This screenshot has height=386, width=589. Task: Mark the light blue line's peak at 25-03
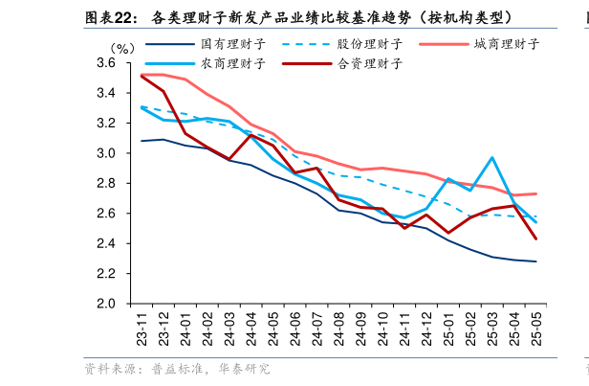492,158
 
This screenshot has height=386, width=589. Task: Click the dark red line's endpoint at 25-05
535,238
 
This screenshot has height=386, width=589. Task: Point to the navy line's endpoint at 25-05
535,261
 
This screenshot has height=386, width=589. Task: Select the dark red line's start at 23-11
142,76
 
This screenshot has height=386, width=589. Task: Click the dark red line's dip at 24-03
229,159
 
